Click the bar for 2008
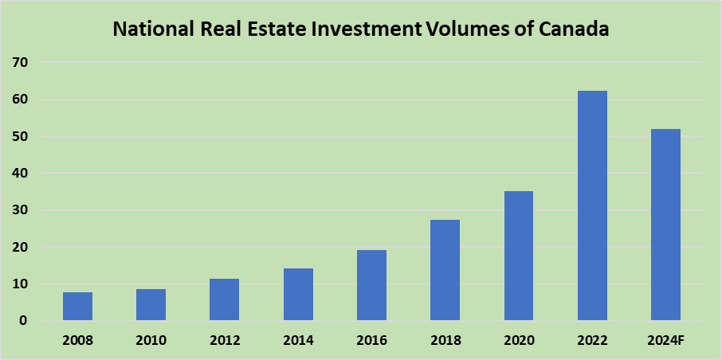[77, 307]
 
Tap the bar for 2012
[224, 299]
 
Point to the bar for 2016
[371, 285]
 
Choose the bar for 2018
[445, 270]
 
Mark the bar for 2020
[518, 256]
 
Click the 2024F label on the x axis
[665, 341]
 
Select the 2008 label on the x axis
[77, 341]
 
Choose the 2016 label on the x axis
[371, 341]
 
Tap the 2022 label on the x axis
[592, 341]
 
